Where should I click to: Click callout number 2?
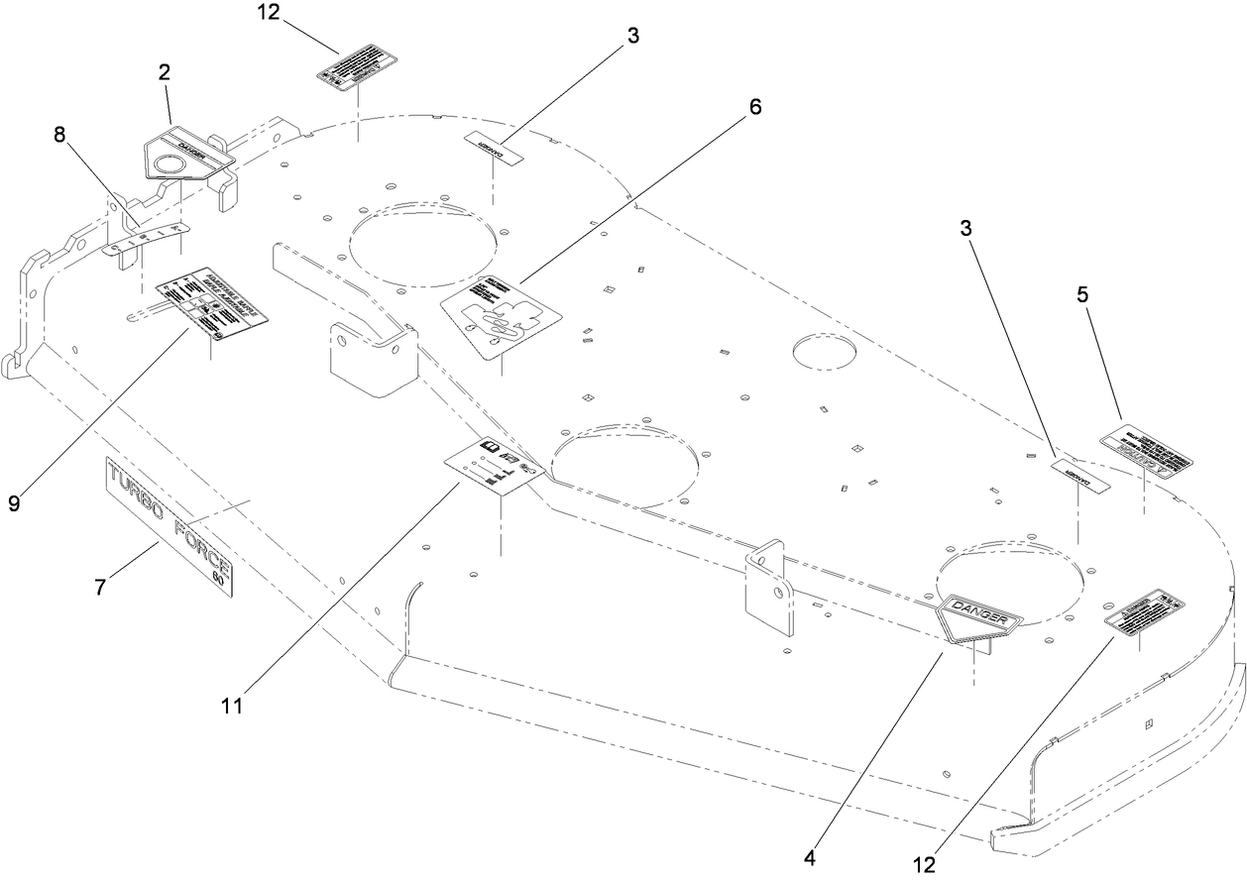point(165,71)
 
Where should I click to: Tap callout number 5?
point(1083,295)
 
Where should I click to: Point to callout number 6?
point(755,107)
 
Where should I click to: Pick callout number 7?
point(99,587)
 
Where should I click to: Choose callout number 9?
point(14,502)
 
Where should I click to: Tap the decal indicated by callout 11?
point(493,464)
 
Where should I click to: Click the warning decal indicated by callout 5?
point(1145,452)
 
